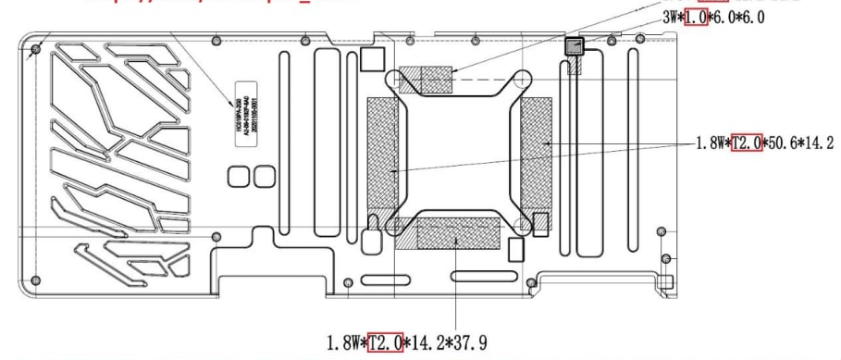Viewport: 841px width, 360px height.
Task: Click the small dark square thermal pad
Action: [575, 45]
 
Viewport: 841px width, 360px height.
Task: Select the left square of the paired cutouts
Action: [238, 176]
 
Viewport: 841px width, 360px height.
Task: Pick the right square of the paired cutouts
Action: [265, 176]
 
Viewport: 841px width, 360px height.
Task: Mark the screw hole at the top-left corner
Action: [35, 48]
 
